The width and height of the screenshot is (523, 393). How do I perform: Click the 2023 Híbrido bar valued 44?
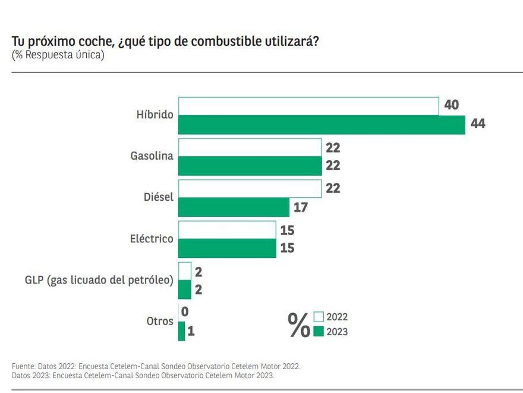[x=322, y=125]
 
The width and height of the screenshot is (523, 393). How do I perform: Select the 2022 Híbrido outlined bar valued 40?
[x=308, y=106]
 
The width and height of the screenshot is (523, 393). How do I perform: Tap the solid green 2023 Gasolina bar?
[x=250, y=166]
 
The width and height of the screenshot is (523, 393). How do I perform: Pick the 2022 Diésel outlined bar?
[x=250, y=188]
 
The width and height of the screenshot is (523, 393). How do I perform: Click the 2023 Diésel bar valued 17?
[x=234, y=207]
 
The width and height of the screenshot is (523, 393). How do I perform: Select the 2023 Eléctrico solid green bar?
[x=227, y=248]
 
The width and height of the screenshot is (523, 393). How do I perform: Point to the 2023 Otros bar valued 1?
[x=181, y=331]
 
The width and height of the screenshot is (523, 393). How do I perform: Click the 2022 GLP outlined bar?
[x=185, y=270]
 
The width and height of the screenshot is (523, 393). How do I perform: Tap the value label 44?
[x=478, y=124]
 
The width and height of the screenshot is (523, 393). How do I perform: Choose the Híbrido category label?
[x=155, y=115]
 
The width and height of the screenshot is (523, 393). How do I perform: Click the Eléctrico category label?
[x=152, y=239]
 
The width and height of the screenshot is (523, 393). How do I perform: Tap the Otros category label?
[x=160, y=322]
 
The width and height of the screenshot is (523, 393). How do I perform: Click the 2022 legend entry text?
[x=337, y=317]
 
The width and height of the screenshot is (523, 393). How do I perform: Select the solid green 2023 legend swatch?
[x=319, y=332]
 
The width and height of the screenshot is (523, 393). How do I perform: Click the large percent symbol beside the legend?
[x=299, y=325]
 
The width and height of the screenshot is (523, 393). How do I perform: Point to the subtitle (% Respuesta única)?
[x=58, y=55]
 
